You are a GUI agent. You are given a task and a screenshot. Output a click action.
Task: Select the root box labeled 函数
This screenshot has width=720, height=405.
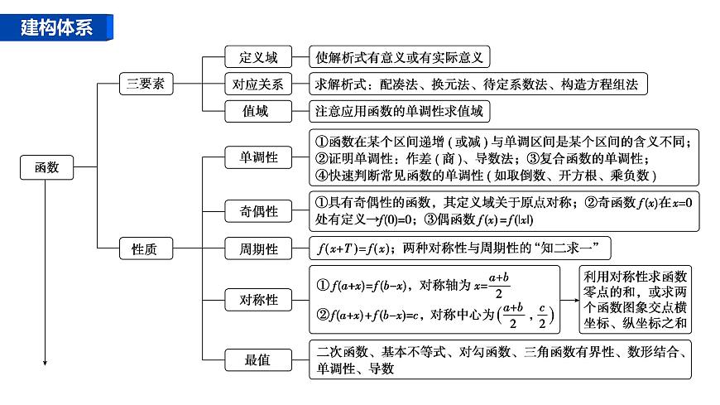pyautogui.click(x=46, y=168)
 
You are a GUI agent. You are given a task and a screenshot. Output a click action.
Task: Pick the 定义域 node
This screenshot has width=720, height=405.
pyautogui.click(x=258, y=57)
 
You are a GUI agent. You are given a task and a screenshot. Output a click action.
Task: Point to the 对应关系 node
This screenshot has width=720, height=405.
pyautogui.click(x=258, y=84)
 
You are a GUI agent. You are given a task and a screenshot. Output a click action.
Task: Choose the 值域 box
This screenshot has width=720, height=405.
pyautogui.click(x=258, y=110)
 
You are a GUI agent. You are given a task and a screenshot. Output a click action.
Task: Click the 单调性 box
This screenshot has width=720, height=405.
pyautogui.click(x=258, y=157)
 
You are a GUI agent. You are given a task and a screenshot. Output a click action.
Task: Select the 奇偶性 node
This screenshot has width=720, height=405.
pyautogui.click(x=258, y=211)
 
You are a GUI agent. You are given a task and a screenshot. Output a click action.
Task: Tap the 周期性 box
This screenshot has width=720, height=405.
pyautogui.click(x=258, y=248)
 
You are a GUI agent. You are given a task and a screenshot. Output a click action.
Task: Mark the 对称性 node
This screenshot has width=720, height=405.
pyautogui.click(x=258, y=300)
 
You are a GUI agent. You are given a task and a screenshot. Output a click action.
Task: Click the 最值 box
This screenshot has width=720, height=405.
pyautogui.click(x=258, y=360)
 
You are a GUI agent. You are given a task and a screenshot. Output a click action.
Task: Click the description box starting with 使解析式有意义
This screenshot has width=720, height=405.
pyautogui.click(x=401, y=57)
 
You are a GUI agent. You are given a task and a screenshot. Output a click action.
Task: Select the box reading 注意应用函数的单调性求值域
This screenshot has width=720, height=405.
pyautogui.click(x=398, y=110)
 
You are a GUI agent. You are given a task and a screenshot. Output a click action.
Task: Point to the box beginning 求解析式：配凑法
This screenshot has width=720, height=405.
pyautogui.click(x=478, y=84)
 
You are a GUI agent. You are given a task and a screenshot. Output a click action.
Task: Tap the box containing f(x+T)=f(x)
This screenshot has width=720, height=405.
pyautogui.click(x=463, y=248)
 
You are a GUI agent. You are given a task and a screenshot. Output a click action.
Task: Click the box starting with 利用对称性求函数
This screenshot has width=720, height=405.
pyautogui.click(x=636, y=300)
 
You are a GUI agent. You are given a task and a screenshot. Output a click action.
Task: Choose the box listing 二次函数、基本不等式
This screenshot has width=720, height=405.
pyautogui.click(x=501, y=360)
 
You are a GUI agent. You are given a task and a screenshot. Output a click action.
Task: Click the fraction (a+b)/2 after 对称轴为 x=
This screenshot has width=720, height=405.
pyautogui.click(x=497, y=284)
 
